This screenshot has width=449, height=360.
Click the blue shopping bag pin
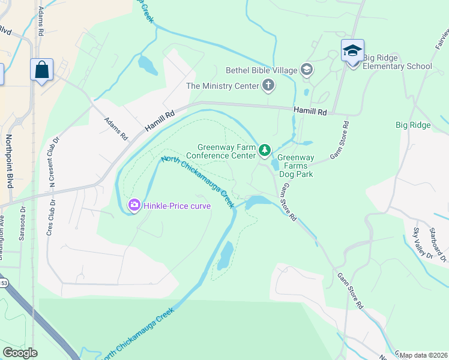(x=41, y=70)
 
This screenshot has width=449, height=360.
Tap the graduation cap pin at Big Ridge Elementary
(x=352, y=51)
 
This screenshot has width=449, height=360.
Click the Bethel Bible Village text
(x=262, y=70)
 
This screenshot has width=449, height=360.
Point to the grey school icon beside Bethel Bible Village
(x=307, y=70)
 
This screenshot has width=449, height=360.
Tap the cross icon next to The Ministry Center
(x=268, y=86)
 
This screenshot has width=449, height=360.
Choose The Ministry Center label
(x=222, y=86)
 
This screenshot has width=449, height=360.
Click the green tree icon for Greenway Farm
(x=264, y=149)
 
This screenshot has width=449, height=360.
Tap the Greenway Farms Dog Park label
(x=295, y=166)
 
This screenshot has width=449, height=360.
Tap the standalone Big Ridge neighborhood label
(x=413, y=125)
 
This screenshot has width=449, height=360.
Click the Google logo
(x=20, y=353)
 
